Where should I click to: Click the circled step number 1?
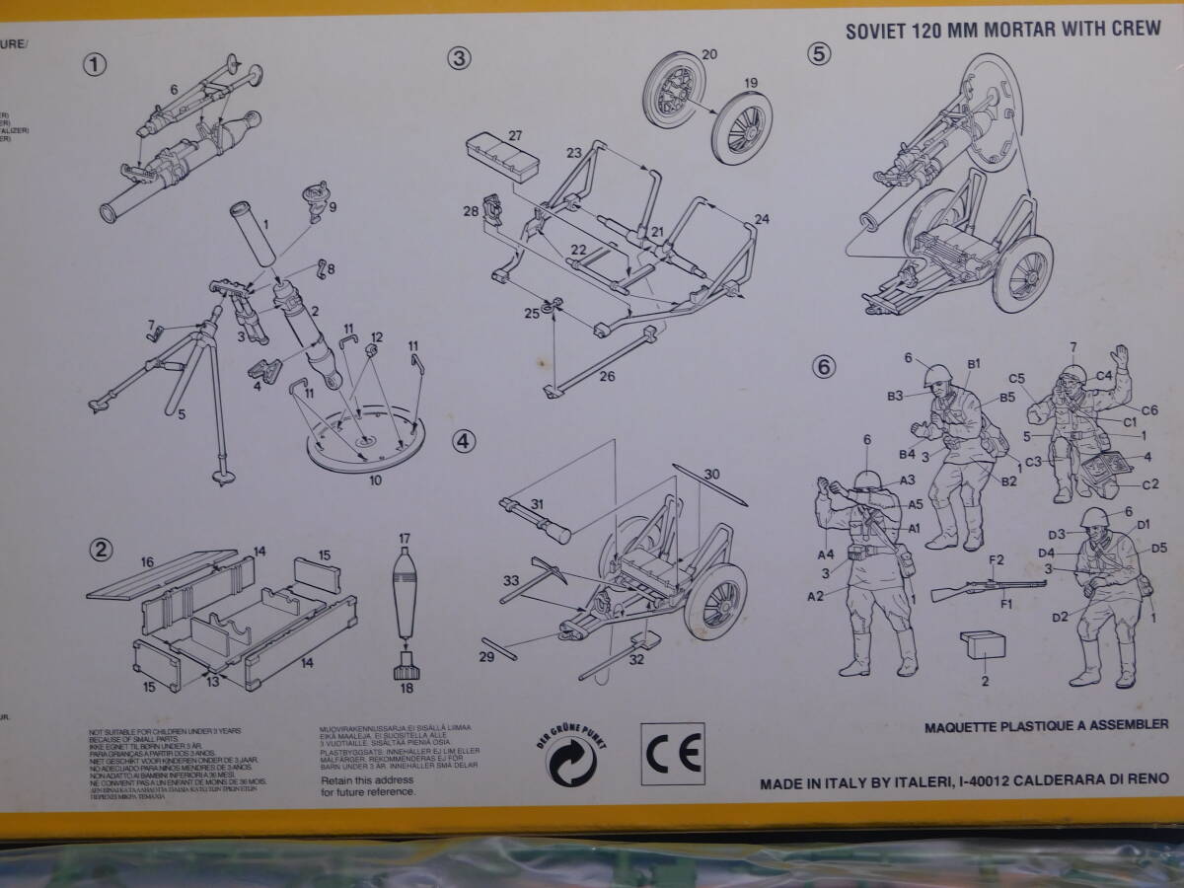tap(95, 64)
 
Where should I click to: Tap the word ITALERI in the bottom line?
tap(914, 778)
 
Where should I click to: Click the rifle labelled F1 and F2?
tap(987, 585)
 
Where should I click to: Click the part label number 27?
tap(515, 135)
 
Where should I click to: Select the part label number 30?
tap(711, 474)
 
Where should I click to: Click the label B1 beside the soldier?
tap(973, 364)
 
